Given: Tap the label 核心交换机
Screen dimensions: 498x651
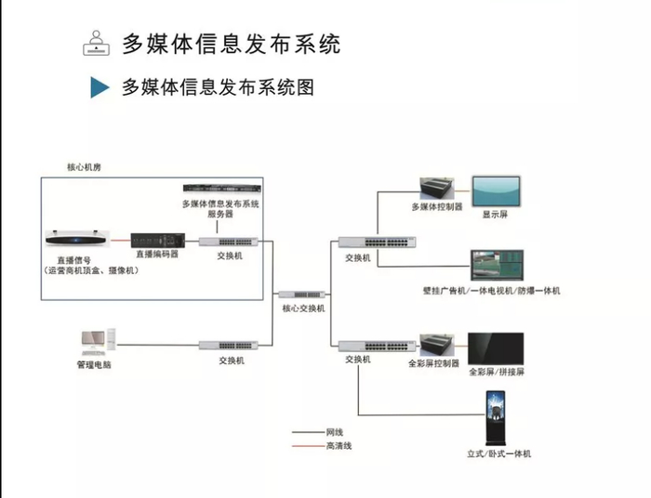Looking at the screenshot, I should [303, 308].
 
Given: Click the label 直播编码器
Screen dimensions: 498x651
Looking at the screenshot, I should [155, 254].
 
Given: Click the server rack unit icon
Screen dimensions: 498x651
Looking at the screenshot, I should [220, 190].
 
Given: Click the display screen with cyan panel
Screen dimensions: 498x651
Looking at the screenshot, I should [498, 191].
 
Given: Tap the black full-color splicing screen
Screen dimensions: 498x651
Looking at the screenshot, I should [495, 348].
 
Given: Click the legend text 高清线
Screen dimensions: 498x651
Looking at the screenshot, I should [339, 446].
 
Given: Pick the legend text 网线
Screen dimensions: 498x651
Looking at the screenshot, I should [335, 432].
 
